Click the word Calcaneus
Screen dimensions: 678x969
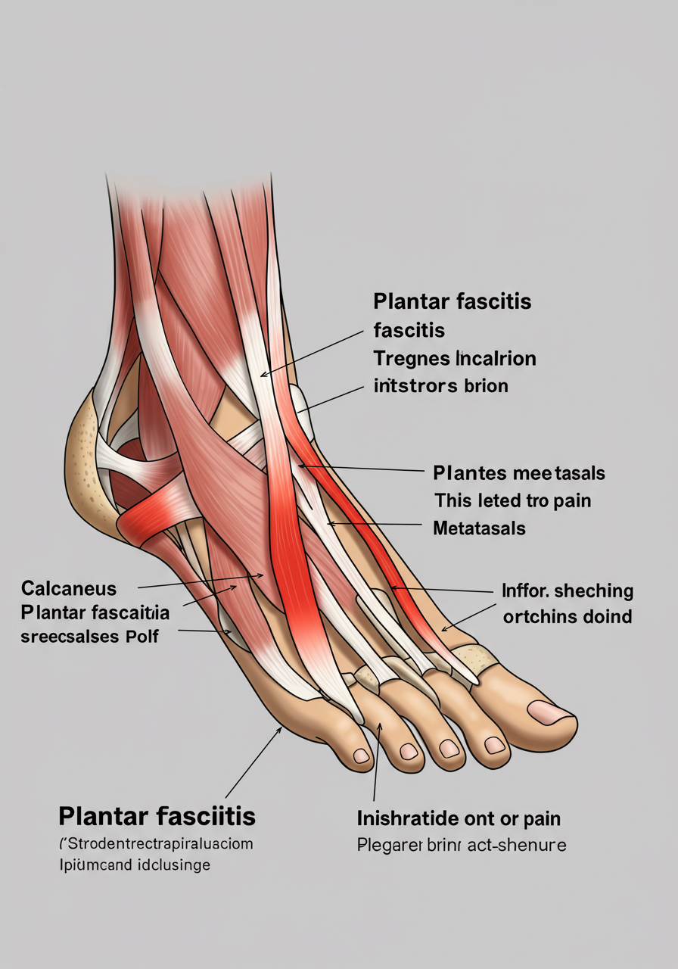pos(69,588)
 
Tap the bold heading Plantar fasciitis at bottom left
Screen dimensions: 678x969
pos(157,817)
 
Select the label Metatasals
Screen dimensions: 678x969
pos(479,528)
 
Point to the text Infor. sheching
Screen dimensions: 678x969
pos(568,591)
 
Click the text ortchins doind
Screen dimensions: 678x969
pos(567,616)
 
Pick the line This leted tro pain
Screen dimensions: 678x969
pos(512,500)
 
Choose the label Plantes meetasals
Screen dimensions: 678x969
pos(519,474)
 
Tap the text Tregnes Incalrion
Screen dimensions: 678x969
pos(454,358)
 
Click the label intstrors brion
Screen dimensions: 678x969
pos(440,385)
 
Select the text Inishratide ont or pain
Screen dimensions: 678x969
pos(459,818)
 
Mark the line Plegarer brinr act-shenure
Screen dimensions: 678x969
pos(461,845)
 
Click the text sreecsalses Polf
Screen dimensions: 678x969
pos(89,636)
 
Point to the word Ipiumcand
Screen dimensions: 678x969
pos(92,864)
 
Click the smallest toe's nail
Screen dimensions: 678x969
pos(362,756)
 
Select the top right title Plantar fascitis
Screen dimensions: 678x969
pos(452,302)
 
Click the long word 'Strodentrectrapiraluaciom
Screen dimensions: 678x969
pos(156,842)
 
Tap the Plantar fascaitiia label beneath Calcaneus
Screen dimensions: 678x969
pos(95,612)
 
